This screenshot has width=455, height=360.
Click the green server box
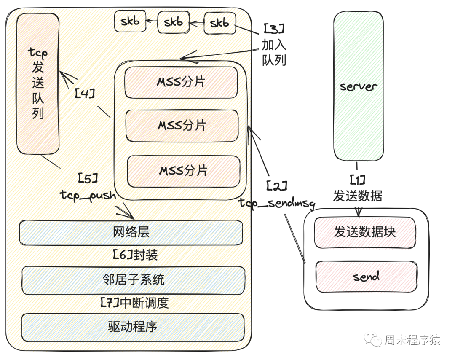[x=358, y=86]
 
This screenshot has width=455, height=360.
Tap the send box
[x=366, y=277]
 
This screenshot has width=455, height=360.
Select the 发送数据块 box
[x=365, y=232]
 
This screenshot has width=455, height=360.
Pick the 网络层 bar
[x=131, y=232]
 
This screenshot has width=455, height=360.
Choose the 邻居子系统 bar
[x=133, y=279]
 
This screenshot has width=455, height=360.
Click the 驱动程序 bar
[x=133, y=327]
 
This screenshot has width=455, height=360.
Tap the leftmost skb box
[x=130, y=22]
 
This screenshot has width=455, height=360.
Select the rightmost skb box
[x=219, y=23]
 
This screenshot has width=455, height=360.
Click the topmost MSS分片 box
[x=181, y=82]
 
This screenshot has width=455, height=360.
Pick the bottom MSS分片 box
[x=183, y=170]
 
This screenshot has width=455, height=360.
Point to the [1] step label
[x=357, y=181]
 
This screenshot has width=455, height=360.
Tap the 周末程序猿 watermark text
[x=412, y=340]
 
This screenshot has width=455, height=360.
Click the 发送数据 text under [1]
[x=358, y=196]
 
